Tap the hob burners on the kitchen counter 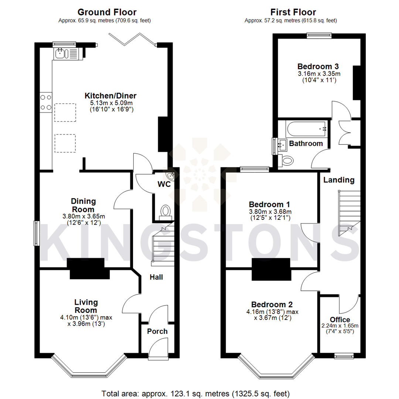click(46, 102)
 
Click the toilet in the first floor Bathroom click(287, 160)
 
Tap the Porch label click(157, 331)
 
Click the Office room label click(340, 320)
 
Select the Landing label click(339, 180)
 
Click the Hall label click(156, 277)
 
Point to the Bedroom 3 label click(318, 66)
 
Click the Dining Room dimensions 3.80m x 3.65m click(83, 216)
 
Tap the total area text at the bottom click(195, 393)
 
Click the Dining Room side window click(36, 233)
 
